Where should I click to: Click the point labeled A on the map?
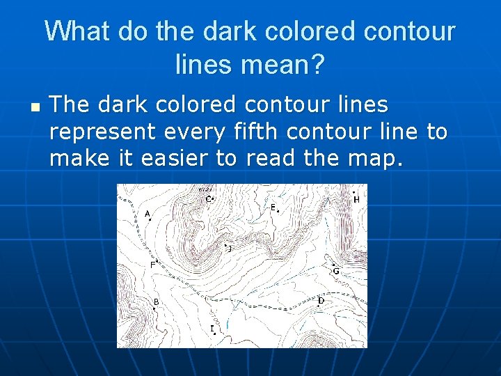click(x=148, y=214)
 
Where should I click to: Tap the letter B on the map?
click(x=156, y=301)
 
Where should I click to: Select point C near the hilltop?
click(x=208, y=199)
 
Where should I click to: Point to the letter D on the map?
click(x=321, y=301)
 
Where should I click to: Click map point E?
click(x=273, y=207)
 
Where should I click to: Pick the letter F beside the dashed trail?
click(x=152, y=265)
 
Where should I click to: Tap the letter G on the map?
click(x=335, y=270)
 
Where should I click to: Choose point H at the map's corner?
click(x=356, y=199)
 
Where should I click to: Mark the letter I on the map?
click(x=212, y=328)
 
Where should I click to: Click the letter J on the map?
click(x=230, y=247)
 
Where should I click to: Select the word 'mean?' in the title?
click(x=285, y=65)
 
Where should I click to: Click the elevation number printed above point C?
click(x=205, y=189)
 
